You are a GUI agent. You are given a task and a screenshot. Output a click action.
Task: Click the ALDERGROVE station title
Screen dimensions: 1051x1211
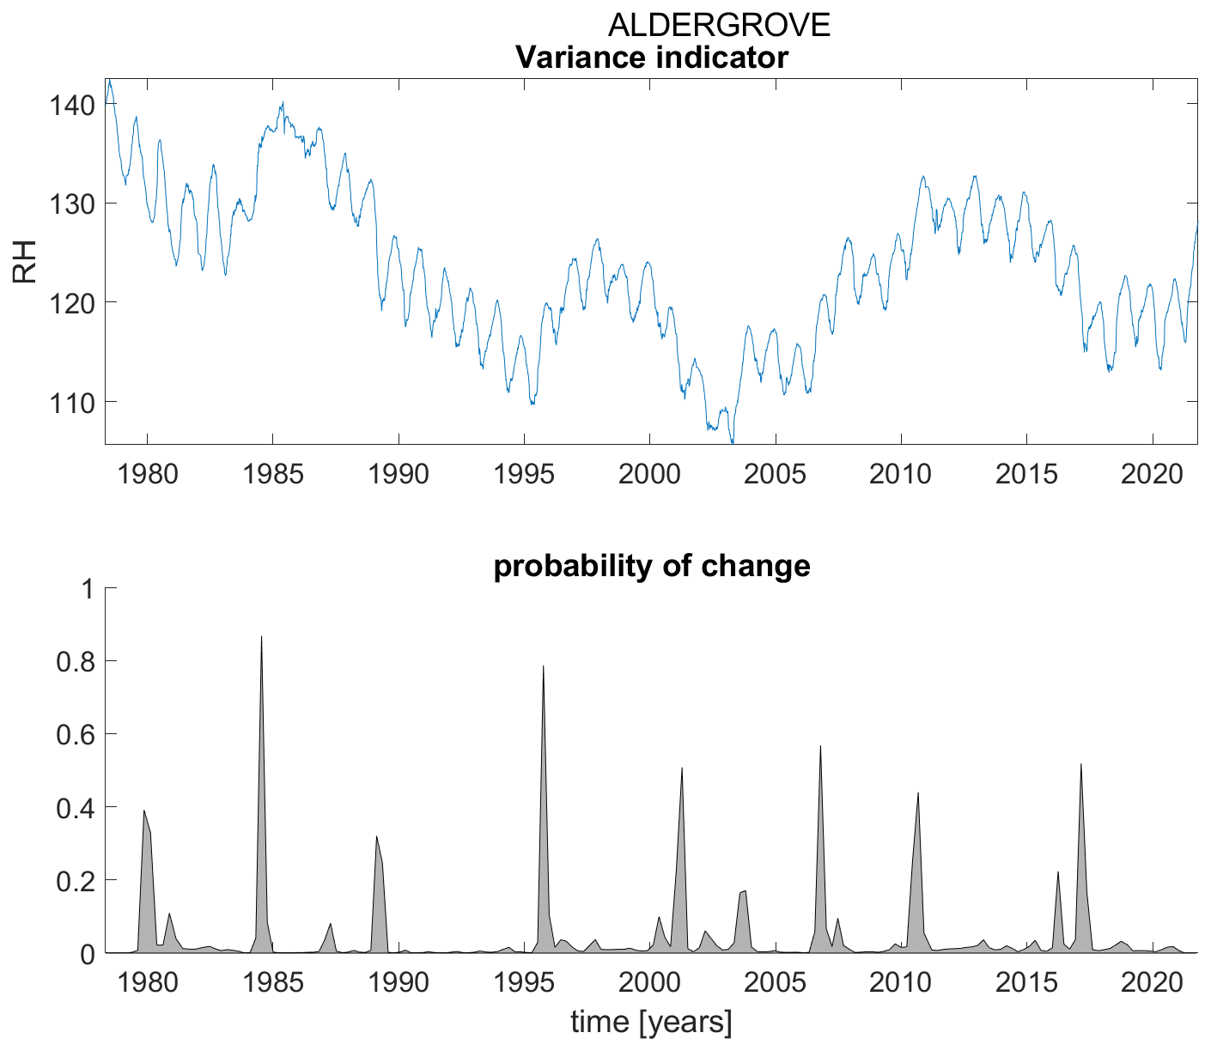(x=719, y=26)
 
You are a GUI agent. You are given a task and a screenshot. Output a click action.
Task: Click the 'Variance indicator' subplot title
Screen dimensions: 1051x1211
(x=651, y=58)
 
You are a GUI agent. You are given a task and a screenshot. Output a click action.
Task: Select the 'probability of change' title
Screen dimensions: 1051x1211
(x=652, y=567)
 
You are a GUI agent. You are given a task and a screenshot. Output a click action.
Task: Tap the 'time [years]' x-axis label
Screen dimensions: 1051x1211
(x=651, y=1022)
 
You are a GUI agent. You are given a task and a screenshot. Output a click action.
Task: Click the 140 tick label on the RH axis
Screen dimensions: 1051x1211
(x=68, y=106)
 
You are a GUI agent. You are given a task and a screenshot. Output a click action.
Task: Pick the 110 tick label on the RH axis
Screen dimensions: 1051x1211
(x=68, y=402)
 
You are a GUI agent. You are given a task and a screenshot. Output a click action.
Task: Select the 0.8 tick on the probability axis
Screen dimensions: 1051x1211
(x=76, y=661)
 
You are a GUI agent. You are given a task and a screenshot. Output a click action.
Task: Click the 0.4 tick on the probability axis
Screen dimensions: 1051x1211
(x=76, y=807)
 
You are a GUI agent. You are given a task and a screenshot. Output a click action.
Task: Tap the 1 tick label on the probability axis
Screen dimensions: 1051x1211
(x=86, y=589)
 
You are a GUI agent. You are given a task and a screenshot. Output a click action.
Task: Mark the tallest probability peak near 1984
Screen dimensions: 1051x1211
(x=261, y=636)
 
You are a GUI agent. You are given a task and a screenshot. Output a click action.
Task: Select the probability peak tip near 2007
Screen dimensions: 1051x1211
(x=821, y=745)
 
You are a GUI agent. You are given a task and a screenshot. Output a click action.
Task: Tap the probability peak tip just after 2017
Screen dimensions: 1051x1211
(x=1080, y=763)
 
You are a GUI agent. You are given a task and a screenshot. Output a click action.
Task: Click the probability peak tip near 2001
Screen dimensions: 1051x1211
(x=681, y=768)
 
